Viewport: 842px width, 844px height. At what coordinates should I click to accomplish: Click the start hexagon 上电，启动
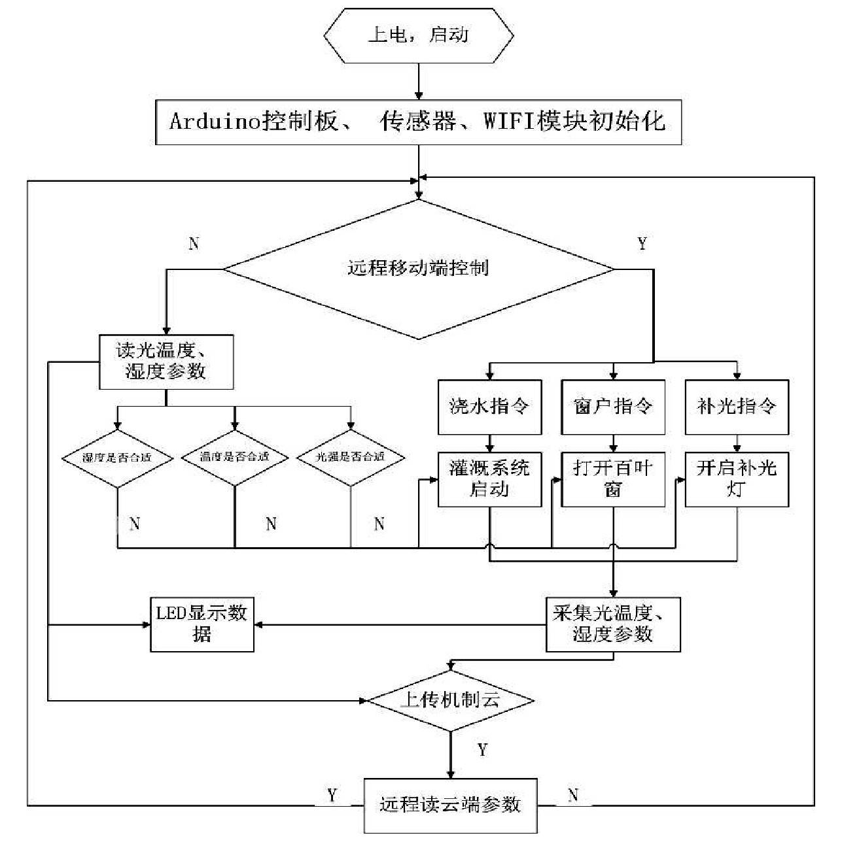pos(419,35)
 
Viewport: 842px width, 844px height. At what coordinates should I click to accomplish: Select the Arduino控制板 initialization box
pos(419,122)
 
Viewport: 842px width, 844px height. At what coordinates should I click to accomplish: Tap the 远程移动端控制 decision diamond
pos(419,269)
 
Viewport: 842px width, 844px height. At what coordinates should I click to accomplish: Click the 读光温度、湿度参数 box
pos(166,362)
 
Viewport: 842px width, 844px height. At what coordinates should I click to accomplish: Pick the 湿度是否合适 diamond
pos(117,458)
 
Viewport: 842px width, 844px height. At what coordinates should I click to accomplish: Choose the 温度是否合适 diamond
pos(235,457)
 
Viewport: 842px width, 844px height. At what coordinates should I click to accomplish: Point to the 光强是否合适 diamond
pos(351,457)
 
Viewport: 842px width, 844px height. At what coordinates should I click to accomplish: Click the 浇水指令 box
pos(489,407)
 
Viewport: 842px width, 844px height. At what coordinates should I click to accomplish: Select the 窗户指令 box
pos(613,407)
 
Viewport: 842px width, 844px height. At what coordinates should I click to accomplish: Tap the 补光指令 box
pos(737,407)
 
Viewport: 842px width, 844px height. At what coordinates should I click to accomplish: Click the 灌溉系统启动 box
pos(489,479)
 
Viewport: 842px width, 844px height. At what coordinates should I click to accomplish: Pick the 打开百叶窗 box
pos(613,479)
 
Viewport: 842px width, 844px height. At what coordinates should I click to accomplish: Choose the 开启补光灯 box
pos(737,479)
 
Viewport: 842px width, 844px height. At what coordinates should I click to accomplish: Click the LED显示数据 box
pos(202,624)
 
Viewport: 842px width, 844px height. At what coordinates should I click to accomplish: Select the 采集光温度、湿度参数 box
pos(613,624)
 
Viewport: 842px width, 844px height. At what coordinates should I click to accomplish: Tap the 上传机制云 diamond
pos(451,700)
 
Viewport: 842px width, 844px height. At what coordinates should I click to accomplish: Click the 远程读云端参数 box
pos(451,805)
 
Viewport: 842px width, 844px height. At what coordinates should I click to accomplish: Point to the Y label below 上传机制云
pos(483,750)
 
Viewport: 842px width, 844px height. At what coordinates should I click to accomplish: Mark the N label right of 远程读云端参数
pos(573,795)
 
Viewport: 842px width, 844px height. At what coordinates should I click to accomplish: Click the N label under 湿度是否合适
pos(135,524)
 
